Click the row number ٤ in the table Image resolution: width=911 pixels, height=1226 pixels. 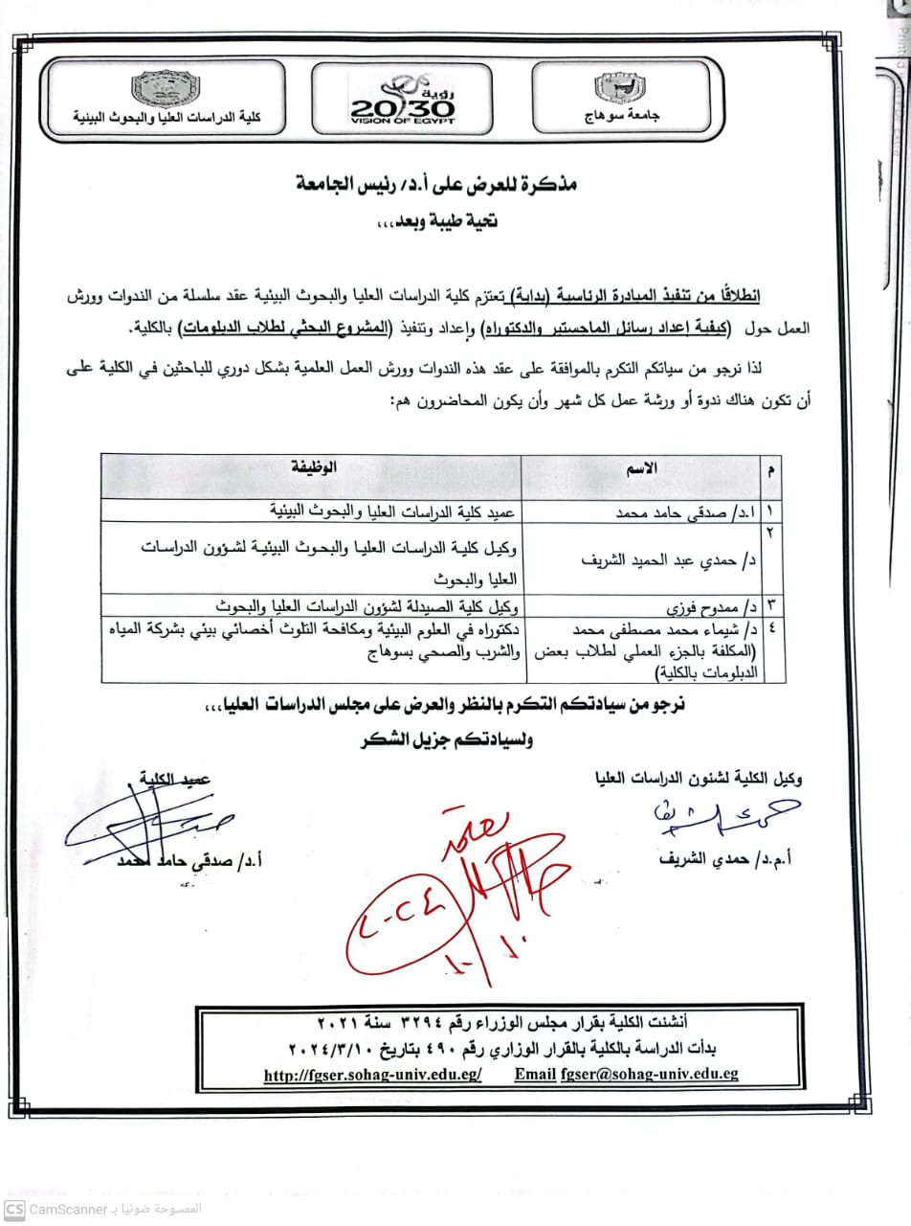click(x=768, y=628)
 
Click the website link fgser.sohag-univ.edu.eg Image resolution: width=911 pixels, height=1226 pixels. click(x=373, y=1075)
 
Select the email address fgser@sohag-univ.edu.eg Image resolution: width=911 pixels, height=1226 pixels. click(x=649, y=1075)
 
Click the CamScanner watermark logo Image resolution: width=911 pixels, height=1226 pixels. click(x=12, y=1210)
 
